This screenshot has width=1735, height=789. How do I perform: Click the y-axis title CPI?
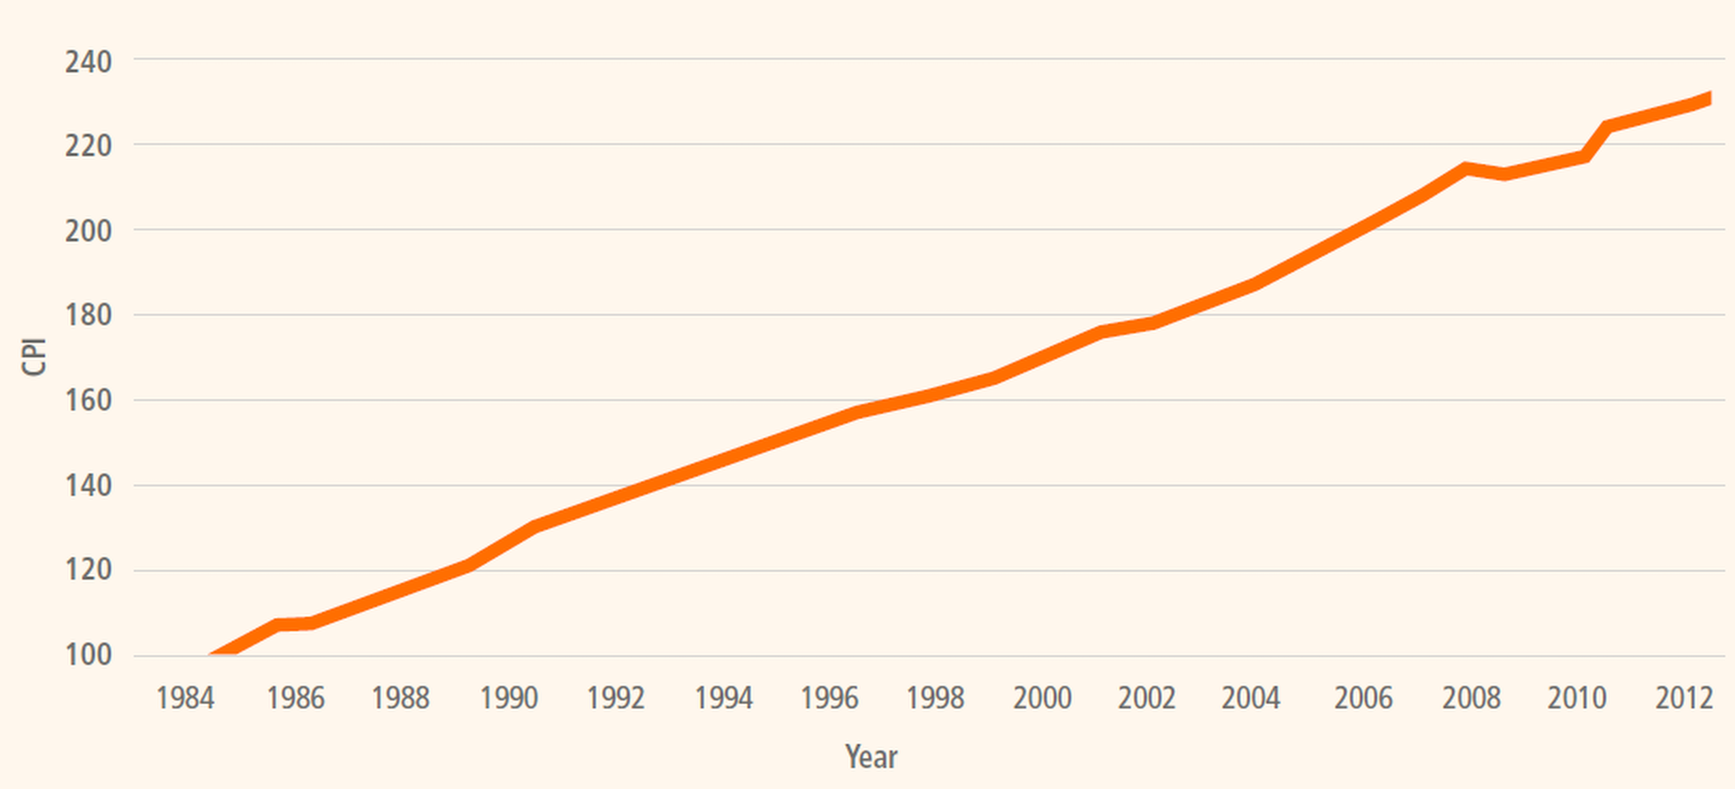[33, 356]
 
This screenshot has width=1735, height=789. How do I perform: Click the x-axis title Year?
[871, 757]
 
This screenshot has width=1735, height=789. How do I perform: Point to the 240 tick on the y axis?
[88, 62]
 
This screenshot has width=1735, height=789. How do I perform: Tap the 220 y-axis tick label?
[88, 146]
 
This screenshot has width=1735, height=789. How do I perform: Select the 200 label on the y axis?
[88, 231]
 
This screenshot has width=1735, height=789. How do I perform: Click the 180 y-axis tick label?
[88, 316]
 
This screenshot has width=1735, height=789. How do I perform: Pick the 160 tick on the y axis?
[88, 401]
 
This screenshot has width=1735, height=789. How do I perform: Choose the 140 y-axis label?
[88, 486]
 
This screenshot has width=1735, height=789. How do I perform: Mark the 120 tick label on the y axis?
[88, 570]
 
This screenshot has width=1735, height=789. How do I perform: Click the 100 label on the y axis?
[88, 655]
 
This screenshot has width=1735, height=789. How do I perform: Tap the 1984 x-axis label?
[185, 699]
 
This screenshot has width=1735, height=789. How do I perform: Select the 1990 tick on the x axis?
[509, 699]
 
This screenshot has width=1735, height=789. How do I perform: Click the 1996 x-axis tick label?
[829, 699]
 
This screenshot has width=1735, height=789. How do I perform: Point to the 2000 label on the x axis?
[1042, 699]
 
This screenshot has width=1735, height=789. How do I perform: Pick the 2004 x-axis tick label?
[1251, 699]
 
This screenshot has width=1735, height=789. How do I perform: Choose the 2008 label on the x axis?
[1470, 699]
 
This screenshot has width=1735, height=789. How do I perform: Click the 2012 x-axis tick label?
[1684, 699]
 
